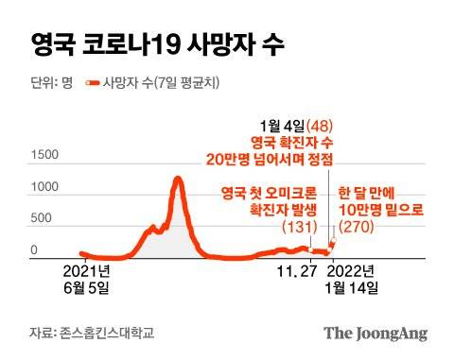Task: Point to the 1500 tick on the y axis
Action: (44, 155)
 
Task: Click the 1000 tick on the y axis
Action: (44, 187)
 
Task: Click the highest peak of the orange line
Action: (177, 178)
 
